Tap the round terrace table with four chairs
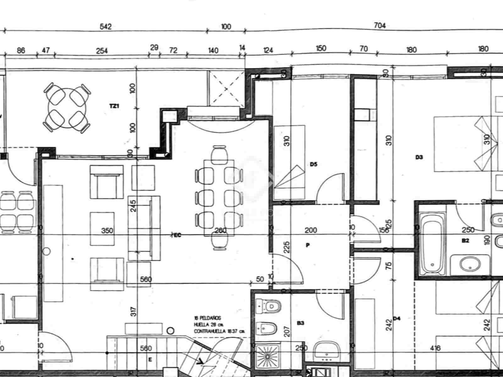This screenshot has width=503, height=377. (67, 107)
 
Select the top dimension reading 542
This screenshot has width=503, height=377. (106, 26)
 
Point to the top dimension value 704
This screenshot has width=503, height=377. (380, 26)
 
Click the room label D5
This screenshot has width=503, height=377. (313, 164)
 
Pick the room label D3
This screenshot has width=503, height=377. (419, 158)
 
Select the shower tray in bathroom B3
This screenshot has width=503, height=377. (268, 357)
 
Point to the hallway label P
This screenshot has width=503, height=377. (307, 245)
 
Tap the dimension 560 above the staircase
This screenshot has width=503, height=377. (146, 348)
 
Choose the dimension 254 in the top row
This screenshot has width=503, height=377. (102, 51)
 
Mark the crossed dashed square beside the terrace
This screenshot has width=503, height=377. (226, 89)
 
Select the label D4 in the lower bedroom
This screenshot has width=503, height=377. (397, 318)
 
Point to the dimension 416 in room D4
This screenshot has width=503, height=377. (435, 348)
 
